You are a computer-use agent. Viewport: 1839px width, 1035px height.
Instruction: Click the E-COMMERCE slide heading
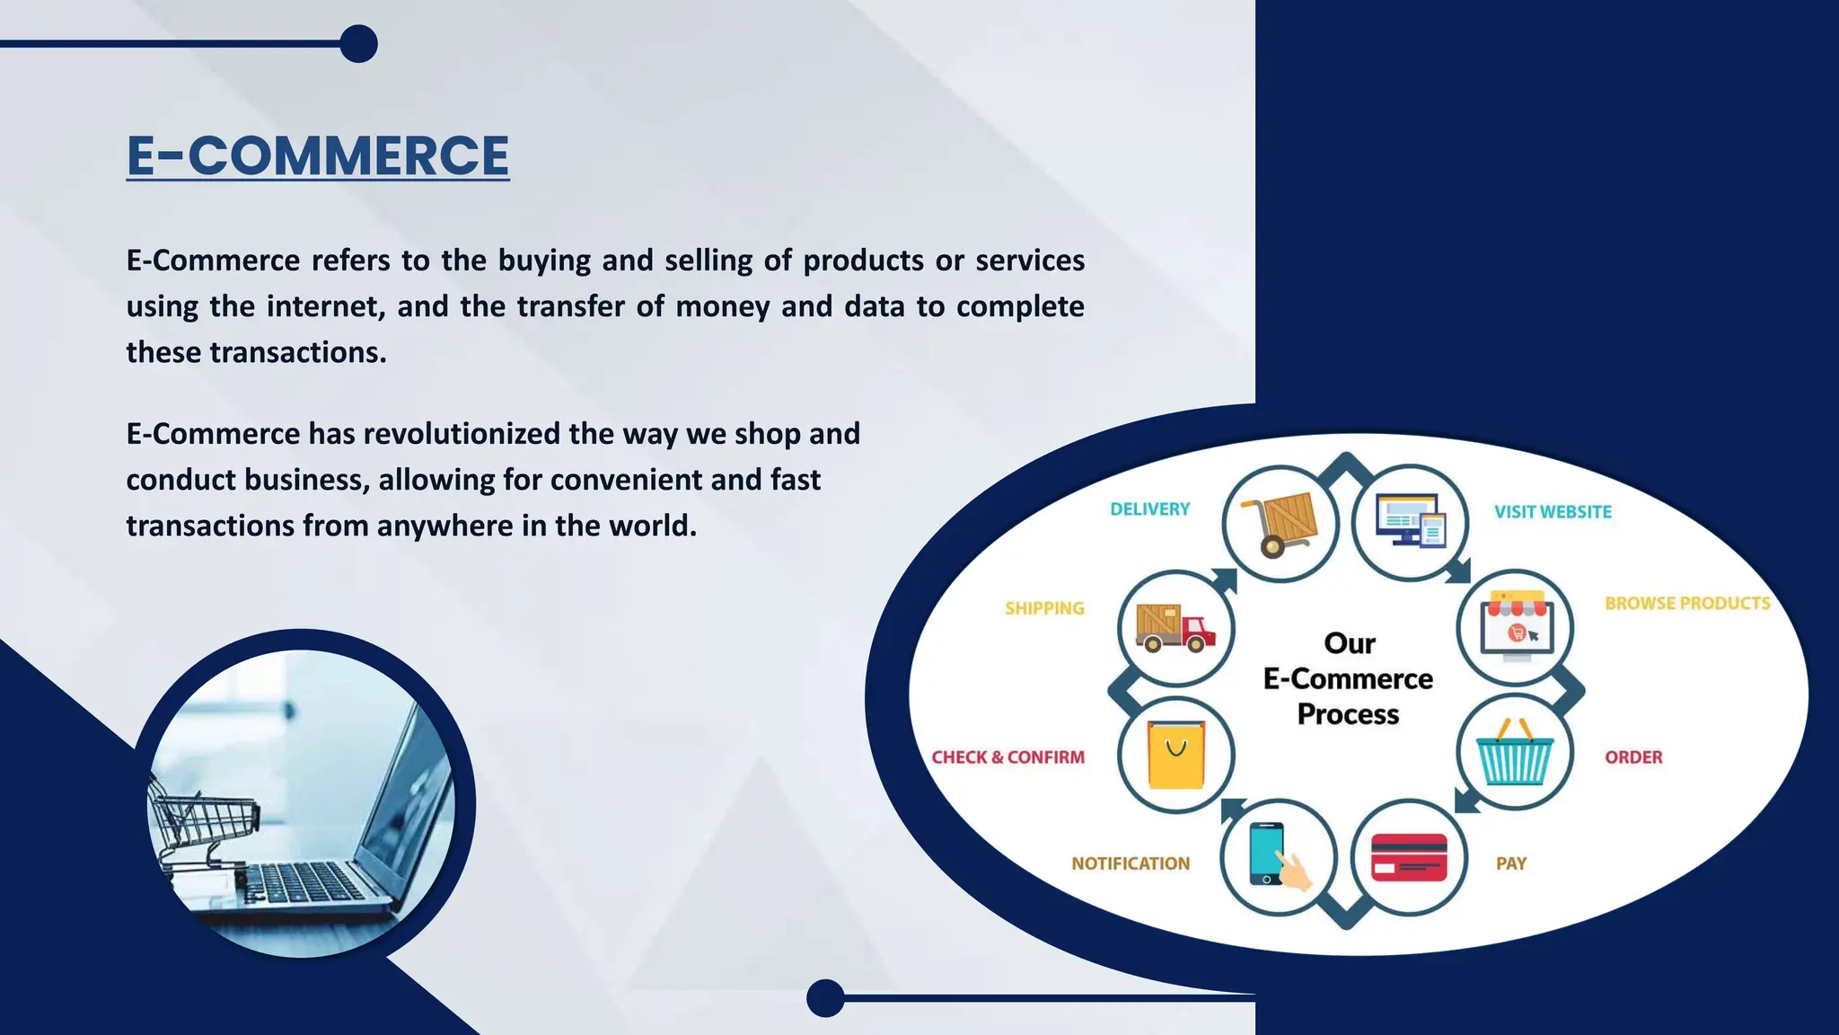(318, 155)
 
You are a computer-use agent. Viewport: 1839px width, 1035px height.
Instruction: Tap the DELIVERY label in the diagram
(1149, 509)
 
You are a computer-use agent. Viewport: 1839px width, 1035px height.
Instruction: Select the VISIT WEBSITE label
(1553, 512)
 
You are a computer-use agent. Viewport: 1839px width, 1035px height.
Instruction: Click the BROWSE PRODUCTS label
(1687, 604)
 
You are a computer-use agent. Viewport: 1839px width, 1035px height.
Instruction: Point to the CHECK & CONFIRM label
(1007, 757)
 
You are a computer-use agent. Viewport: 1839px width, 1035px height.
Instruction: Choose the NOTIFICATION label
(1131, 863)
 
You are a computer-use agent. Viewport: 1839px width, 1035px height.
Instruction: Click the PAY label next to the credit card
(1510, 863)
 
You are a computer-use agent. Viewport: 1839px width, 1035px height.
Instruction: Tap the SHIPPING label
(1044, 608)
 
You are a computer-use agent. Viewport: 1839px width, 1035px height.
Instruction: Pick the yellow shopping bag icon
(1176, 755)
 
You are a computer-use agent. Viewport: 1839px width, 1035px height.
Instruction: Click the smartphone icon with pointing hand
(1276, 856)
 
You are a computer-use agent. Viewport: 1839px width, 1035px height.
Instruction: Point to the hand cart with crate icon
(1280, 524)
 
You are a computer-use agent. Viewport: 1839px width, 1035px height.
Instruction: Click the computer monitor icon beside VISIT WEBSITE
(1410, 521)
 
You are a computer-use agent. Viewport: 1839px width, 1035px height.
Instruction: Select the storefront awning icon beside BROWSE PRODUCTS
(1516, 624)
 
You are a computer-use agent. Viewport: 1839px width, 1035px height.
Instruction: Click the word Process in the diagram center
(1348, 714)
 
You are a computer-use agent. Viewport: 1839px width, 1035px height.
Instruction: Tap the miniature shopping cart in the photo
(202, 822)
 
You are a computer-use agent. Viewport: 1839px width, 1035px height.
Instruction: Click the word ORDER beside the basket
(1633, 757)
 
